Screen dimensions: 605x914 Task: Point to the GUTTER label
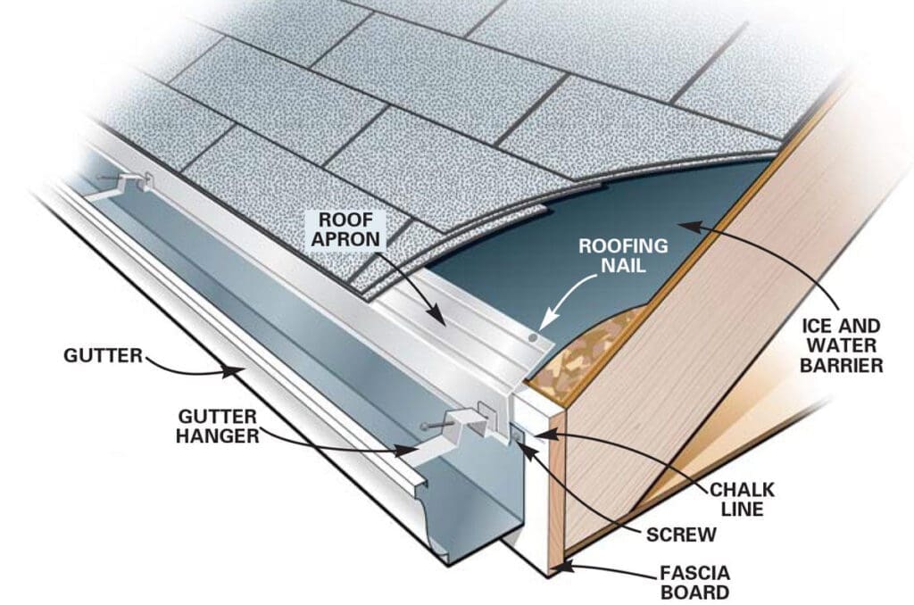pyautogui.click(x=103, y=356)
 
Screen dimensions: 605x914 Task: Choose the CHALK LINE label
pyautogui.click(x=742, y=500)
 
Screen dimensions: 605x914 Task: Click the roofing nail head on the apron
pyautogui.click(x=533, y=340)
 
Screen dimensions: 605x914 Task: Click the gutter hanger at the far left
pyautogui.click(x=129, y=182)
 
